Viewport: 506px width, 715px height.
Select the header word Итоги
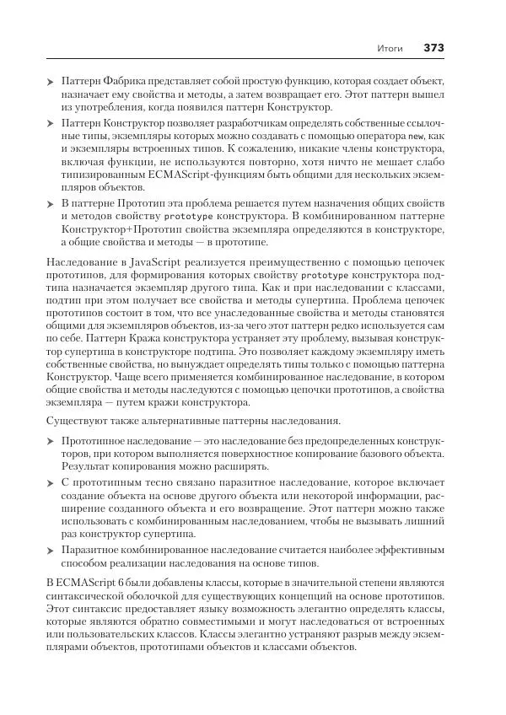click(390, 48)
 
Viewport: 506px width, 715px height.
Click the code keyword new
click(413, 136)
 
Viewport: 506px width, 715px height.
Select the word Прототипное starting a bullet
click(98, 441)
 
